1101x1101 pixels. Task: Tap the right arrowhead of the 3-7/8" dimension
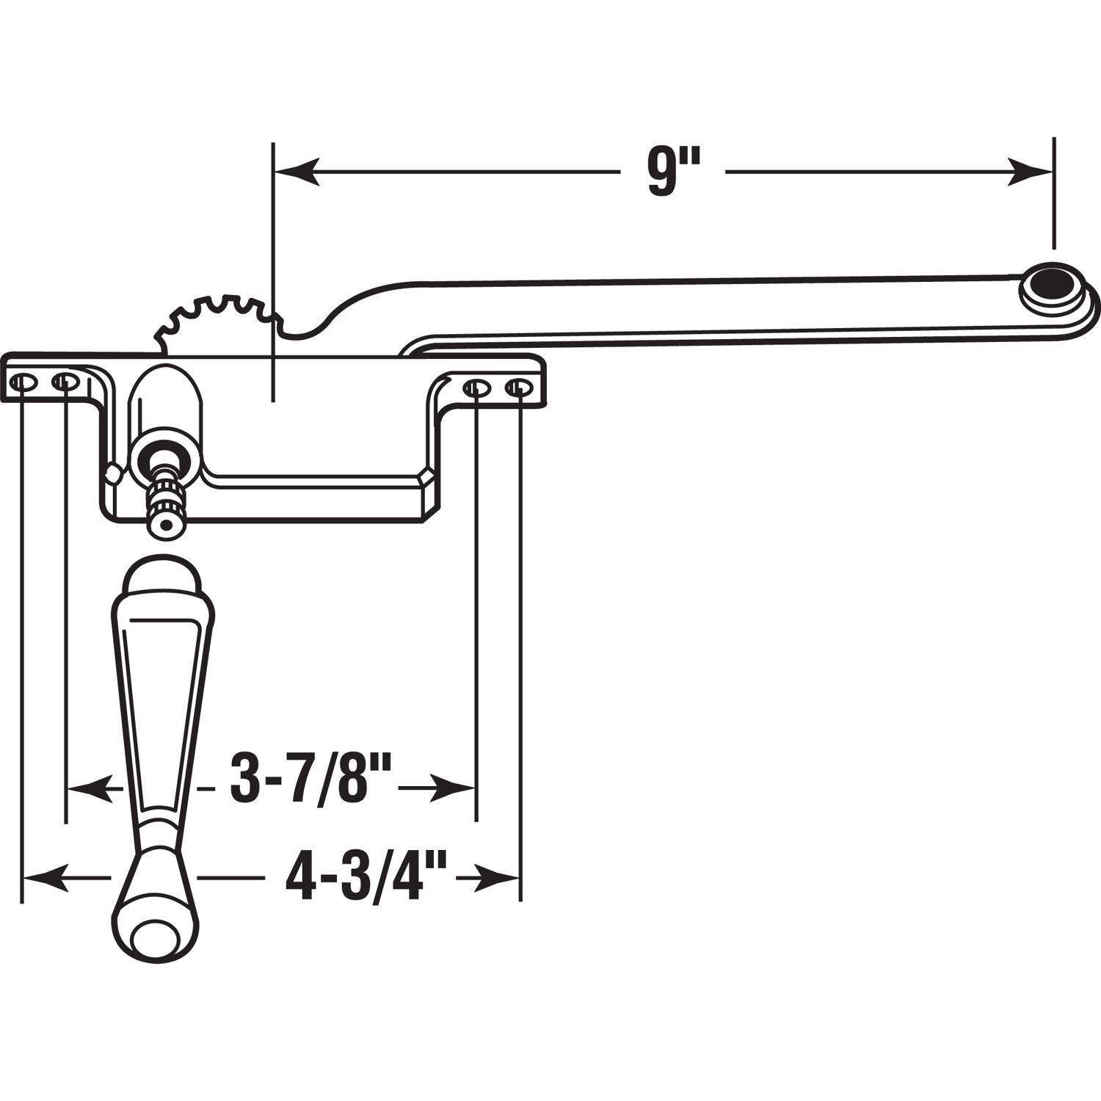tap(455, 788)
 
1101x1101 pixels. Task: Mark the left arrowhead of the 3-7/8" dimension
tap(88, 788)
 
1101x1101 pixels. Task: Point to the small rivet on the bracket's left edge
tap(112, 473)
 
